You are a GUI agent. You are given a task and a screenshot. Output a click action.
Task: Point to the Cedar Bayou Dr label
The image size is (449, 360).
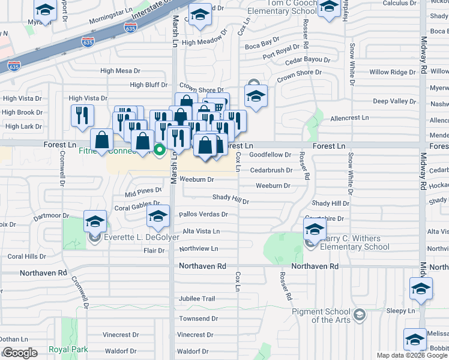coord(307,61)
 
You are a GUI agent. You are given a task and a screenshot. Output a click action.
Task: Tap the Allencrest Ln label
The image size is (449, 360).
coord(349,118)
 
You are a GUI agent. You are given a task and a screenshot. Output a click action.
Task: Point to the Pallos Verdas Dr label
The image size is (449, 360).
coord(205,214)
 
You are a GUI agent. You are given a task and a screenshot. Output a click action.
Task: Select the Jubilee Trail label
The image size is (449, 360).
coord(196,298)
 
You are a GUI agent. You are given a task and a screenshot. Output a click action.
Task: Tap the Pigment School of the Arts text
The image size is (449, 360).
coord(321,316)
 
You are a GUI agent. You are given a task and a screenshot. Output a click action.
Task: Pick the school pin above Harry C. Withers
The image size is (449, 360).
coord(315,229)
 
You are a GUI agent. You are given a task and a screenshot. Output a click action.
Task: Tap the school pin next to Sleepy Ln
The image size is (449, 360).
coord(421,289)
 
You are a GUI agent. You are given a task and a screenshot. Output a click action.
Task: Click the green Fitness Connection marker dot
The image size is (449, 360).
coord(160,149)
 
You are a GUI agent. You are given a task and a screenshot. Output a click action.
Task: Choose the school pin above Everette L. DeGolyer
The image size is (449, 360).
coord(95,221)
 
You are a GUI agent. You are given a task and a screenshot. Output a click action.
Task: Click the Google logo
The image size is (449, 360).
coord(19,353)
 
